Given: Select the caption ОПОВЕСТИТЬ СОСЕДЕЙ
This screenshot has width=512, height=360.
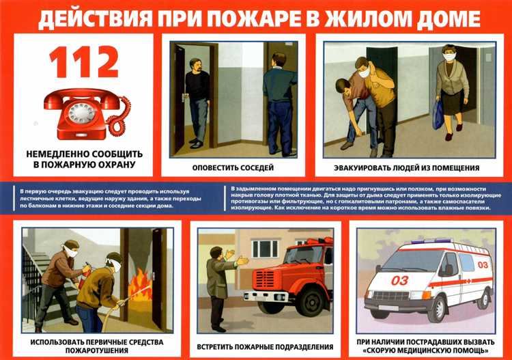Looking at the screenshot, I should click(236, 167).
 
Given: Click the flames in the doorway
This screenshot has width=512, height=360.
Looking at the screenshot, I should click(141, 285).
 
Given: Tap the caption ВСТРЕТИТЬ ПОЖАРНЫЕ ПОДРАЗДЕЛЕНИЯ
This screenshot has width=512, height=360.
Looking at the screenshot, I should click(266, 347).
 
